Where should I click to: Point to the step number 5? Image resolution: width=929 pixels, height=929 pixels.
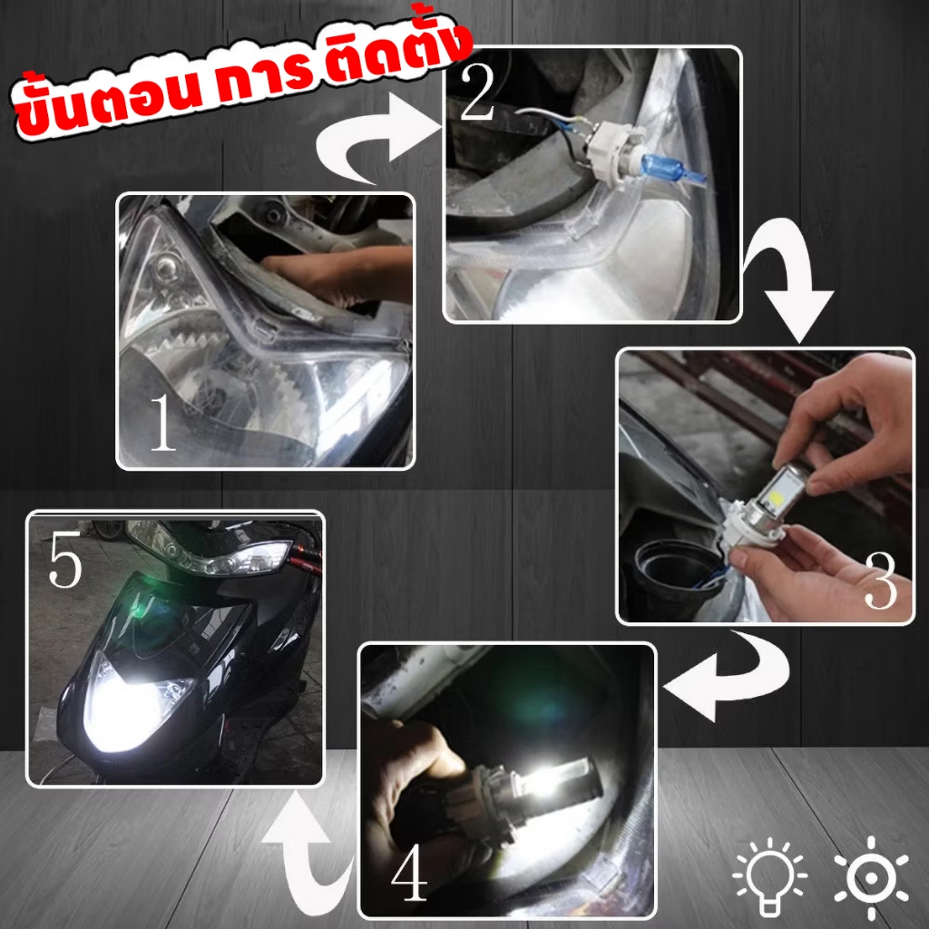pyautogui.click(x=66, y=563)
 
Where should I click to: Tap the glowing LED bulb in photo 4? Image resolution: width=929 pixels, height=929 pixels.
pyautogui.click(x=535, y=780)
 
